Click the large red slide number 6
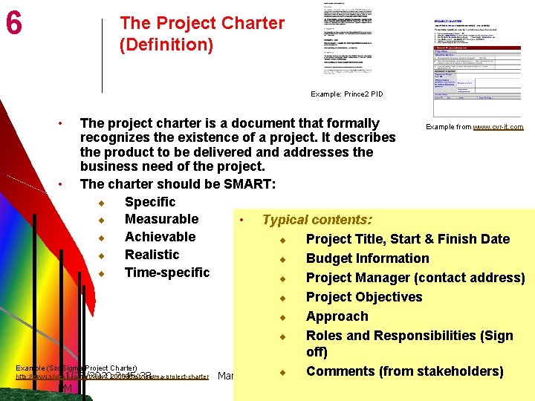coord(13,24)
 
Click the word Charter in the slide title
coord(252,23)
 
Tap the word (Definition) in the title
coord(166,45)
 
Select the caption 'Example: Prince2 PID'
coord(346,94)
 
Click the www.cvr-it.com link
coord(498,127)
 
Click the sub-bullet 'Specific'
coord(150,202)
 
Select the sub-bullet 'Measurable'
coord(161,219)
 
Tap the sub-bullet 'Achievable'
coord(160,237)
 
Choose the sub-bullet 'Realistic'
coord(152,255)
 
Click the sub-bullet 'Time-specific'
coord(167,273)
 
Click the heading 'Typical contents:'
coord(317,220)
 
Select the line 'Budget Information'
coord(367,258)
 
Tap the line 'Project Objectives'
coord(364,297)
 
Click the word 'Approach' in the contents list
coord(337,316)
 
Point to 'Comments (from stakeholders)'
coord(404,371)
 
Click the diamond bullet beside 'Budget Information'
coord(283,259)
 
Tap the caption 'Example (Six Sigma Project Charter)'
coord(76,368)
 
